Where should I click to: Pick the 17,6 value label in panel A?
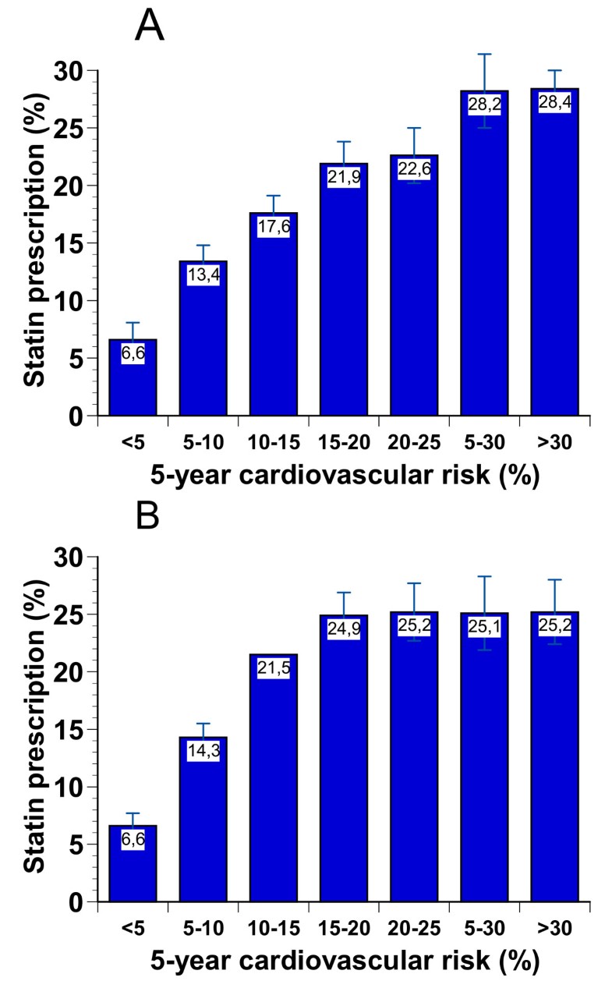[273, 226]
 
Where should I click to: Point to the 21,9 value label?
[344, 177]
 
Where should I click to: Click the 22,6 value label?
[414, 169]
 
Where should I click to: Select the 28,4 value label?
[554, 104]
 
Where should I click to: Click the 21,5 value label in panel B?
[273, 668]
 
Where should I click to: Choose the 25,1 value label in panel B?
[484, 626]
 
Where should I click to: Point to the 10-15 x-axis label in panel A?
[273, 442]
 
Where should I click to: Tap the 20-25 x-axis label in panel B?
[414, 928]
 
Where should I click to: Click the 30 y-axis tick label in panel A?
[70, 71]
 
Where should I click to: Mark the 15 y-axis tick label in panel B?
[70, 729]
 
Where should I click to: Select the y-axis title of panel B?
[31, 729]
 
